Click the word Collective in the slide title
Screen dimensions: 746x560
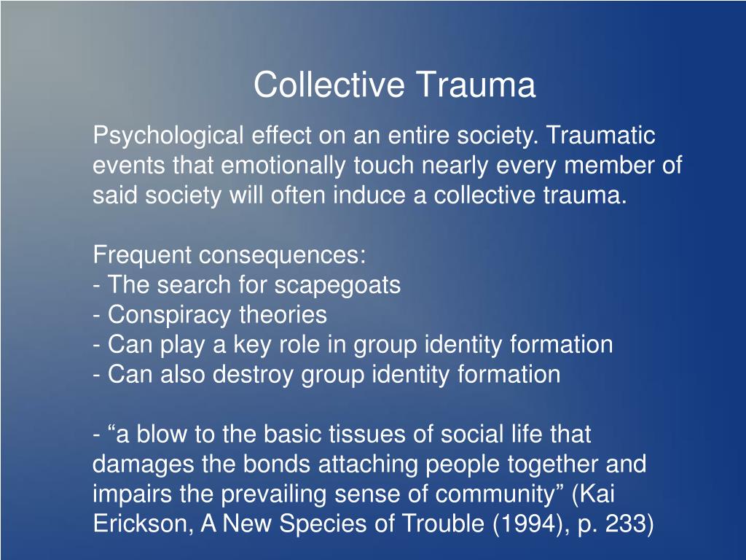329,85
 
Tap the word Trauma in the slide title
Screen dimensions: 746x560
476,85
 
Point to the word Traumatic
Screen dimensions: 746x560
601,135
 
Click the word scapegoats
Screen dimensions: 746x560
337,286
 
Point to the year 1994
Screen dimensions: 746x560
525,524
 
